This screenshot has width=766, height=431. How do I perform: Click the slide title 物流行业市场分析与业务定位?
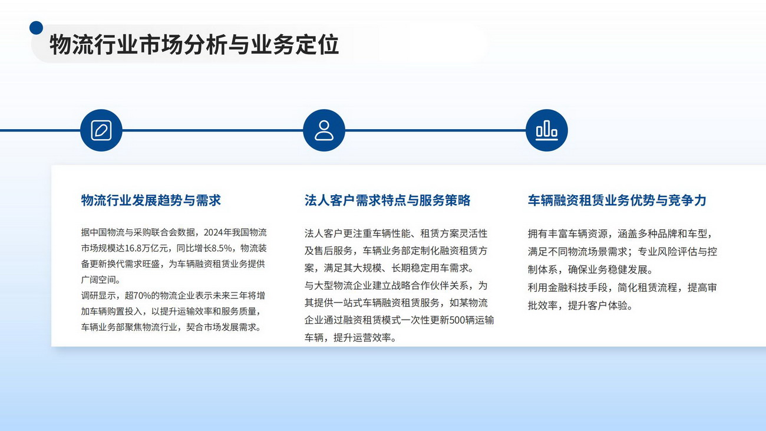(194, 44)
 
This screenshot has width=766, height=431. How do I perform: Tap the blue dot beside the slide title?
(36, 28)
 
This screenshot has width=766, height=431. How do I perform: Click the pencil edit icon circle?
(101, 130)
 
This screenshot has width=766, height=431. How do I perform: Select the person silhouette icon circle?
(324, 130)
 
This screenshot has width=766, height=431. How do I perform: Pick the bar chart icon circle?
(546, 130)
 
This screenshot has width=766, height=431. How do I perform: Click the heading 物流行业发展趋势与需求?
(151, 200)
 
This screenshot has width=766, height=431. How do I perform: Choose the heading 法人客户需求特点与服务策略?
(388, 200)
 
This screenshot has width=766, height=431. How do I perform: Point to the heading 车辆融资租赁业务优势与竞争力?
(617, 200)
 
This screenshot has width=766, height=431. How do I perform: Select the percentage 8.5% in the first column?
(222, 248)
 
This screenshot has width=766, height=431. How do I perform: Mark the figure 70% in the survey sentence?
(142, 295)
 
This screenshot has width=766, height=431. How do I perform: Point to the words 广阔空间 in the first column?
(98, 280)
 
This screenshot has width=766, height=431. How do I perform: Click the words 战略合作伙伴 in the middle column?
(420, 285)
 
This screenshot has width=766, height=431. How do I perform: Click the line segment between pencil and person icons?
(213, 130)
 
